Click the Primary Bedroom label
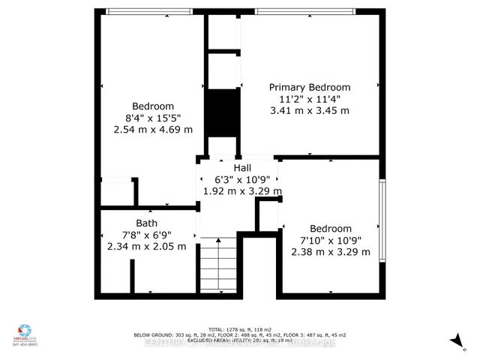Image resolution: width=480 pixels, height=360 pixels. click(310, 87)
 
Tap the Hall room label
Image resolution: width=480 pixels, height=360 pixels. click(242, 167)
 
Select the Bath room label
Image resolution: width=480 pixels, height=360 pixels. click(146, 223)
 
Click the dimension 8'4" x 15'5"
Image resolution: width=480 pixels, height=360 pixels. click(153, 118)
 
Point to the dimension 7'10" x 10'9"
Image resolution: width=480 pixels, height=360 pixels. click(331, 240)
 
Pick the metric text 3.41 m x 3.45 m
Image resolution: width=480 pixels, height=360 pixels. click(310, 111)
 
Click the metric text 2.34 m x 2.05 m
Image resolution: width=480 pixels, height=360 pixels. click(146, 246)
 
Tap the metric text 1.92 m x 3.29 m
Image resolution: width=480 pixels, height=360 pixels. click(242, 191)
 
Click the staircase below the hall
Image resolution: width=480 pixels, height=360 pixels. click(218, 267)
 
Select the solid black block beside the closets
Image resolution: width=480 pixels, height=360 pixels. click(223, 112)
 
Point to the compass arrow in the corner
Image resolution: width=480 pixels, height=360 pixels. click(454, 341)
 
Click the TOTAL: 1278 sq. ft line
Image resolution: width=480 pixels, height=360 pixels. click(239, 329)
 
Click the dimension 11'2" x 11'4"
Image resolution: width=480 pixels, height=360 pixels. click(310, 99)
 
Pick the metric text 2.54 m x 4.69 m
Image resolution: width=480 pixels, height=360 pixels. click(153, 130)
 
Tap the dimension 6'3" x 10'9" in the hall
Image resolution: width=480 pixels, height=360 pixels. click(242, 179)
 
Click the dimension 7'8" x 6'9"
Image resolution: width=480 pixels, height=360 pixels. click(146, 235)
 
